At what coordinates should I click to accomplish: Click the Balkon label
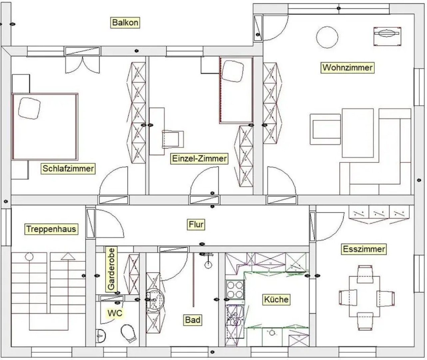125,23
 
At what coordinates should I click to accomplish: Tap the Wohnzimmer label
347,68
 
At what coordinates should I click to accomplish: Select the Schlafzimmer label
68,168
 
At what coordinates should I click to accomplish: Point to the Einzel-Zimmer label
199,158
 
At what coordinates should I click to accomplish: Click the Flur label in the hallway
196,224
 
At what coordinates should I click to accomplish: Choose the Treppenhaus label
51,229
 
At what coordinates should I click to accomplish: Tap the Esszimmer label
364,249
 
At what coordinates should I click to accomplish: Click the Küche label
276,299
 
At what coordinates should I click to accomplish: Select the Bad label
193,320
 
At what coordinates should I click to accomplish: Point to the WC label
115,313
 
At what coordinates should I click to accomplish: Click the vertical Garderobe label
111,269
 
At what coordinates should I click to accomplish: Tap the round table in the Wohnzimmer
327,37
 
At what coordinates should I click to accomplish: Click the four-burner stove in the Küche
235,289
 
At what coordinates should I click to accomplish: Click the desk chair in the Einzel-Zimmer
173,139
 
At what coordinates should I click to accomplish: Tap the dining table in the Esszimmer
364,296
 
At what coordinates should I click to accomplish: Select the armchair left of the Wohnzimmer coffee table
325,129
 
